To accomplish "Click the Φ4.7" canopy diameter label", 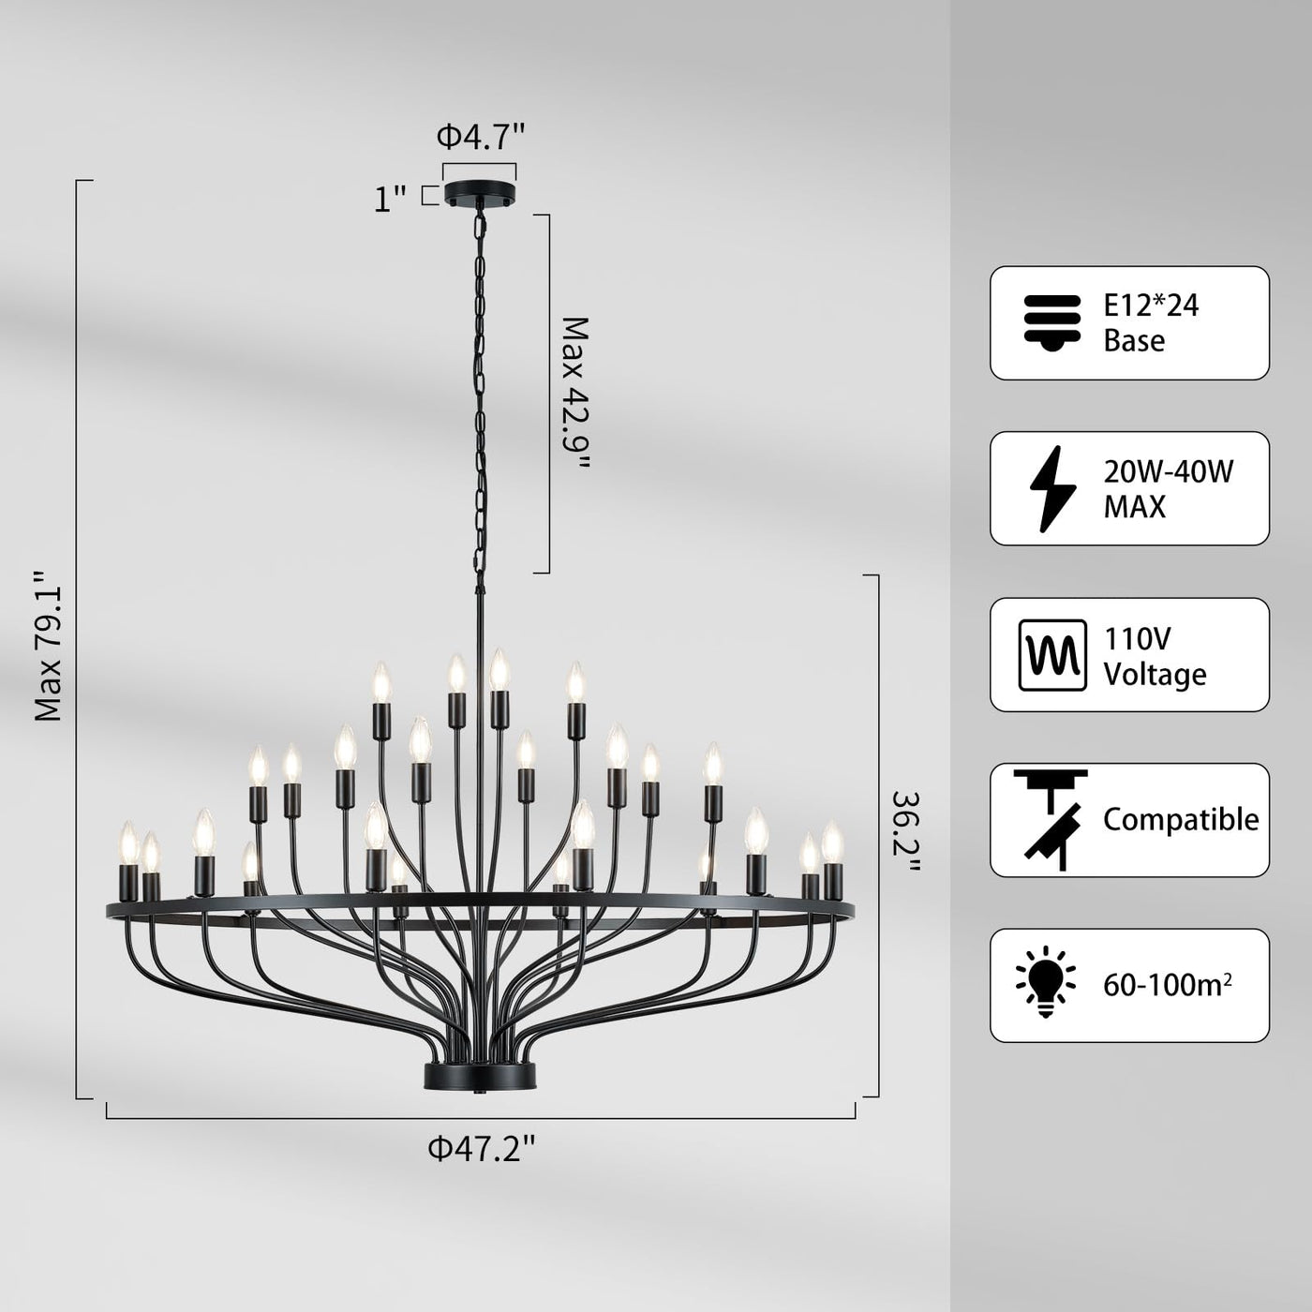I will [480, 138].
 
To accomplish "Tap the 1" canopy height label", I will [390, 199].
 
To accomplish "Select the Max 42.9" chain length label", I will [575, 395].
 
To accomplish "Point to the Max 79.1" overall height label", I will [49, 647].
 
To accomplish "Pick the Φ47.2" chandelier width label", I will [482, 1148].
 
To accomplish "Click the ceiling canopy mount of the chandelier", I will [480, 193].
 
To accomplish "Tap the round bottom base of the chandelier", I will [480, 1076].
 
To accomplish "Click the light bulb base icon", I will [1052, 322].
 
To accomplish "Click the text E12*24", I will [1151, 306].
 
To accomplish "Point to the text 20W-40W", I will [1168, 471].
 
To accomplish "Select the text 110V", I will [1137, 639].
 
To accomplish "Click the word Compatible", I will [1181, 820].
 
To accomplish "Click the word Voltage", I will [1155, 675].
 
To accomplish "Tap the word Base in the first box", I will [1134, 340].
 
